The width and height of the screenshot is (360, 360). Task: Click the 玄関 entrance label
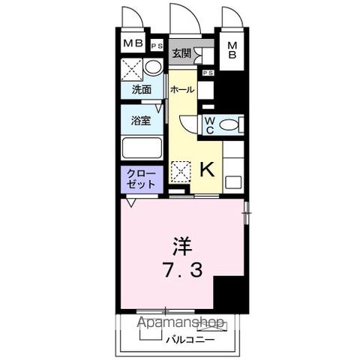pyautogui.click(x=181, y=54)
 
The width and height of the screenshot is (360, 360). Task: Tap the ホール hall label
pyautogui.click(x=182, y=90)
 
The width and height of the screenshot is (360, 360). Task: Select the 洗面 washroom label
pyautogui.click(x=142, y=90)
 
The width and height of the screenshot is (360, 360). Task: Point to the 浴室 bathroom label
pyautogui.click(x=141, y=119)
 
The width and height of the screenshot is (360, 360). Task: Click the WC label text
pyautogui.click(x=210, y=124)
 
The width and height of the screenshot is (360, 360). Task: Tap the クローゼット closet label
pyautogui.click(x=141, y=178)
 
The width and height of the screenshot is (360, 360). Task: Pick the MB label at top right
pyautogui.click(x=232, y=50)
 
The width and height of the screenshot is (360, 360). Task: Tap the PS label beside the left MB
pyautogui.click(x=156, y=46)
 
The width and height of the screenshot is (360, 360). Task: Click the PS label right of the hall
pyautogui.click(x=207, y=73)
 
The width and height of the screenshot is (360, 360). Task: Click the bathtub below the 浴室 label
pyautogui.click(x=142, y=146)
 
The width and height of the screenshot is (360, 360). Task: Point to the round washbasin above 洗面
pyautogui.click(x=153, y=68)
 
